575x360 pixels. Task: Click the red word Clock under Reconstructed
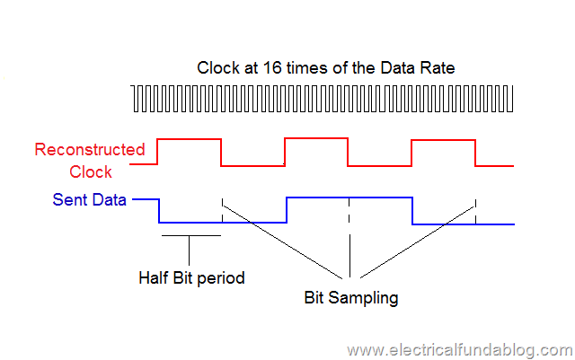click(91, 171)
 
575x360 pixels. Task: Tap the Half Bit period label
click(191, 277)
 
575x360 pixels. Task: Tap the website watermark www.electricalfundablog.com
click(458, 349)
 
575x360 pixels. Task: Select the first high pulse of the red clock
click(189, 139)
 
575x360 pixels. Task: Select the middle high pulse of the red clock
click(315, 139)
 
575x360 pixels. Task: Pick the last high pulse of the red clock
click(442, 139)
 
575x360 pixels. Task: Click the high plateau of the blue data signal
click(349, 198)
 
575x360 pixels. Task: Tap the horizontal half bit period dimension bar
click(190, 236)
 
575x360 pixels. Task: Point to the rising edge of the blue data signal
click(286, 210)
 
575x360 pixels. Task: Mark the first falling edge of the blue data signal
click(159, 210)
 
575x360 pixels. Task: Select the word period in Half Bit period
click(223, 277)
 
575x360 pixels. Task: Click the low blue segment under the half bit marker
click(190, 222)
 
